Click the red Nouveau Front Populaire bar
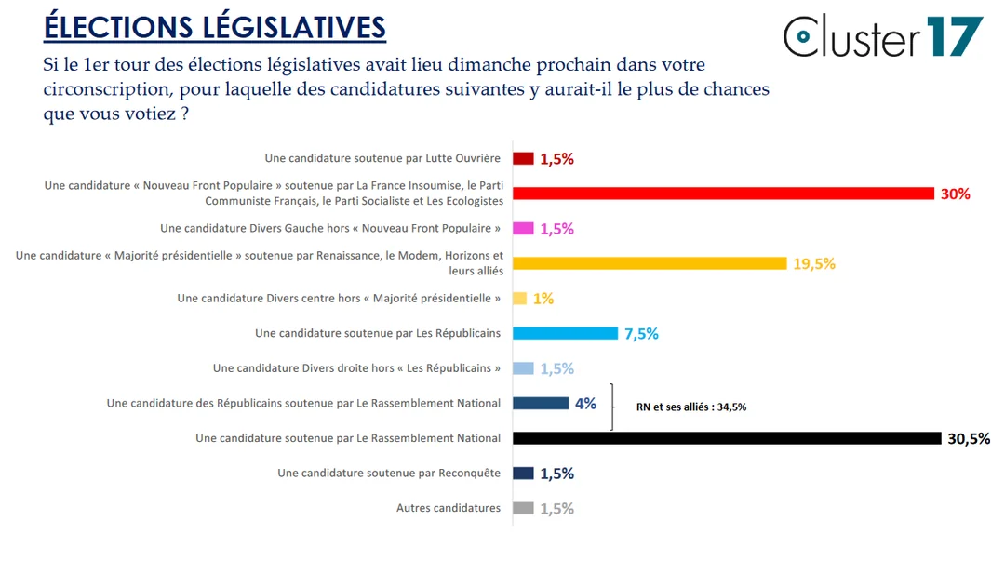[x=723, y=194]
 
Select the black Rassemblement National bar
[x=727, y=438]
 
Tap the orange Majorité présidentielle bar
[x=650, y=263]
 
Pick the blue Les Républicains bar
[x=565, y=333]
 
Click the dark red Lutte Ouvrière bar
[x=523, y=158]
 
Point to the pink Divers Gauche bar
[x=523, y=229]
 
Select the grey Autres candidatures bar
[x=523, y=508]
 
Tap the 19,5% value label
[x=814, y=264]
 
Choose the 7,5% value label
[x=641, y=334]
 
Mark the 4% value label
[x=585, y=404]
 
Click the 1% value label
[x=543, y=299]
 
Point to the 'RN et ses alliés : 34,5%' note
[x=691, y=407]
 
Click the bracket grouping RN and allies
[x=612, y=407]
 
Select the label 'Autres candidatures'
[x=449, y=508]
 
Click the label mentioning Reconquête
[x=389, y=473]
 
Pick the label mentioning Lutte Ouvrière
[x=382, y=158]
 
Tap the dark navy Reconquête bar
[x=523, y=473]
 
